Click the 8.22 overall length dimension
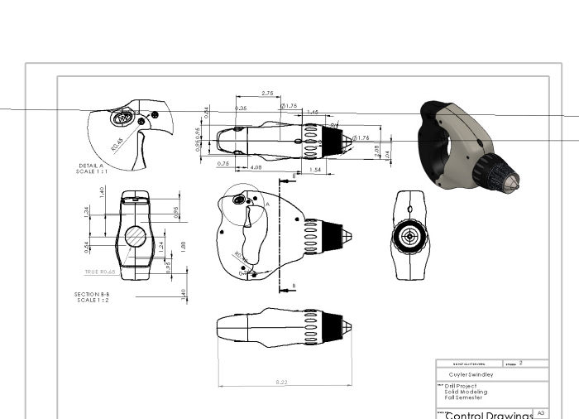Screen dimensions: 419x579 tap(281, 382)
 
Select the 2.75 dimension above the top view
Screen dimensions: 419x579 tap(267, 94)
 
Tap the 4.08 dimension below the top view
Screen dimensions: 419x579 tap(256, 168)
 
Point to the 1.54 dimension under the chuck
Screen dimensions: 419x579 tap(315, 169)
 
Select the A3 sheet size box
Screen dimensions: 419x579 tap(541, 412)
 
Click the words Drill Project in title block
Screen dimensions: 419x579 tap(462, 386)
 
